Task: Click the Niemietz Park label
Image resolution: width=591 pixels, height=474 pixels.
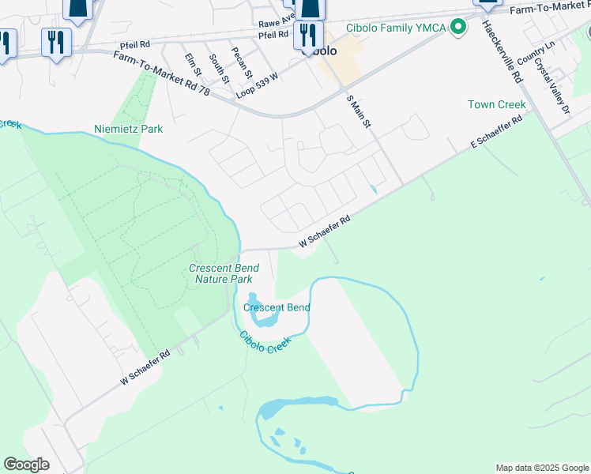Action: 128,128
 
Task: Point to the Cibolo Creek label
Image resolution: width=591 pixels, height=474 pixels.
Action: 265,342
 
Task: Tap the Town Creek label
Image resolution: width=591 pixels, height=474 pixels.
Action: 496,104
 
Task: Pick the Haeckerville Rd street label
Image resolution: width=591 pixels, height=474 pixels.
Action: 503,52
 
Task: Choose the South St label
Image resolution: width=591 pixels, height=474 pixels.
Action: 219,70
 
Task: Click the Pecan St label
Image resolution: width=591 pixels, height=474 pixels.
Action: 242,63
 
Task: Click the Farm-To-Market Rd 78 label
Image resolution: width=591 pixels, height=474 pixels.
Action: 161,74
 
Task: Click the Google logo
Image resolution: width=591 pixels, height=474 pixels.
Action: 26,465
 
